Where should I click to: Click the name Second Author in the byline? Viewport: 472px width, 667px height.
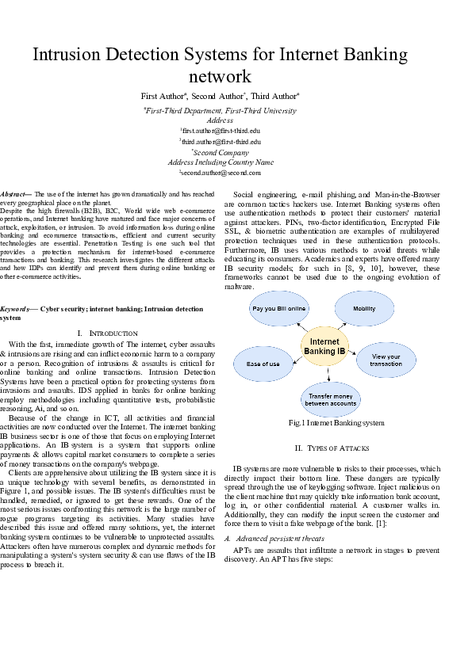click(216, 97)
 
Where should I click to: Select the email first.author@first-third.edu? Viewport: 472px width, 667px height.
click(221, 129)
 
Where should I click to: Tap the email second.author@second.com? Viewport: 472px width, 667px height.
click(220, 172)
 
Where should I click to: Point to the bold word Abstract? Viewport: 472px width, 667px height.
click(13, 194)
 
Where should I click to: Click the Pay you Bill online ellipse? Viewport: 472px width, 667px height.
click(279, 308)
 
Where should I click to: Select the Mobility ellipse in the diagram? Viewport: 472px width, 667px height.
click(364, 308)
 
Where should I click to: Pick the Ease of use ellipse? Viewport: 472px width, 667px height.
click(263, 364)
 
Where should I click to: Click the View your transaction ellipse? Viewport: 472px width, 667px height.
click(386, 359)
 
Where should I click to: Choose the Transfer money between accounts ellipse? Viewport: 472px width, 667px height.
click(331, 398)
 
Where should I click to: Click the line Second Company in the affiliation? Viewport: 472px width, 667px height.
click(220, 152)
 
